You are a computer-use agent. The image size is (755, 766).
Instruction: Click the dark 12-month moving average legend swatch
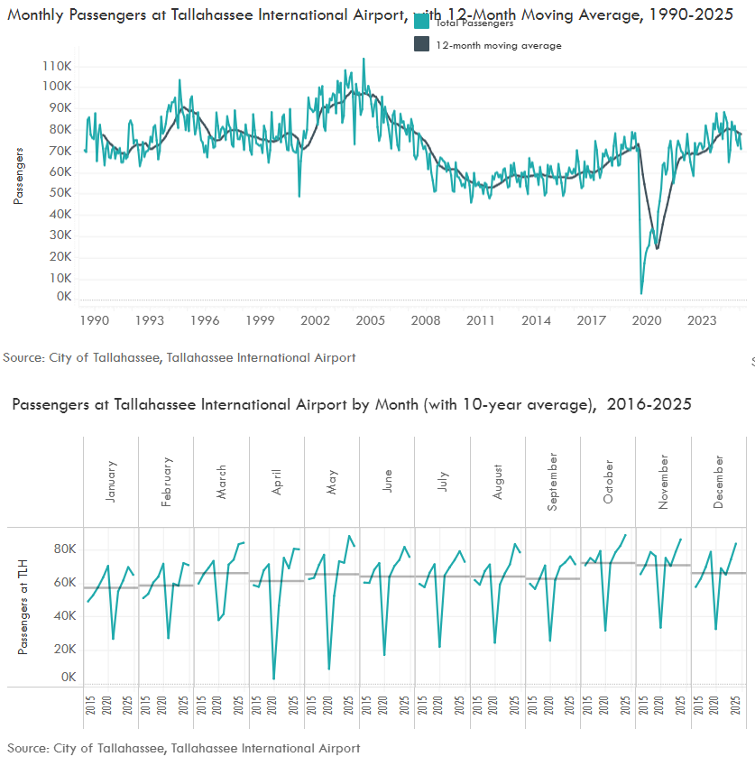421,45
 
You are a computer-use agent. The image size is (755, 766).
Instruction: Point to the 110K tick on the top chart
57,66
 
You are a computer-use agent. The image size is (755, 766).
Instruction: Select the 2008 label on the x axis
426,320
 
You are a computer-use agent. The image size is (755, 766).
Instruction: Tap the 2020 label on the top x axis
647,320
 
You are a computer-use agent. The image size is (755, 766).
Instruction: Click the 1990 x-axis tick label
95,320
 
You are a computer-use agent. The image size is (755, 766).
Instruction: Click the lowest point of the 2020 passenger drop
641,293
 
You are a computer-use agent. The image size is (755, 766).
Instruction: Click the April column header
277,483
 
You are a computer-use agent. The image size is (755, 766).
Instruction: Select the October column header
609,483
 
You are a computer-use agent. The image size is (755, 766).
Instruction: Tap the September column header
553,483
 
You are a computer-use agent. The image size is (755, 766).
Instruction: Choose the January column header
111,483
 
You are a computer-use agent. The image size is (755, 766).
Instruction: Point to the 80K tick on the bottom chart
64,549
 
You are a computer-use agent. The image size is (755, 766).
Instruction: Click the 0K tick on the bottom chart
69,678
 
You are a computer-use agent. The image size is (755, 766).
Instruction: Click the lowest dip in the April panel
273,678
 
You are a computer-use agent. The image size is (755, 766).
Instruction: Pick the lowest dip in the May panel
329,669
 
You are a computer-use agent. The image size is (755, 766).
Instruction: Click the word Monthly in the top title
37,15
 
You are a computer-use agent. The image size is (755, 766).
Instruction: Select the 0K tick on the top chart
62,297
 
